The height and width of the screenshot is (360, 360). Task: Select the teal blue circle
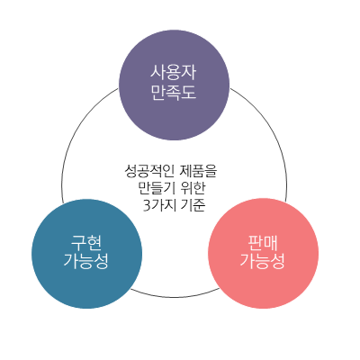pyautogui.click(x=86, y=253)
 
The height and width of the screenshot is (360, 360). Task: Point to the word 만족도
pyautogui.click(x=175, y=92)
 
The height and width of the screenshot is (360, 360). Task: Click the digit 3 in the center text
pyautogui.click(x=146, y=205)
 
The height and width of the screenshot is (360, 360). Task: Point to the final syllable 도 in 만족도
pyautogui.click(x=189, y=92)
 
